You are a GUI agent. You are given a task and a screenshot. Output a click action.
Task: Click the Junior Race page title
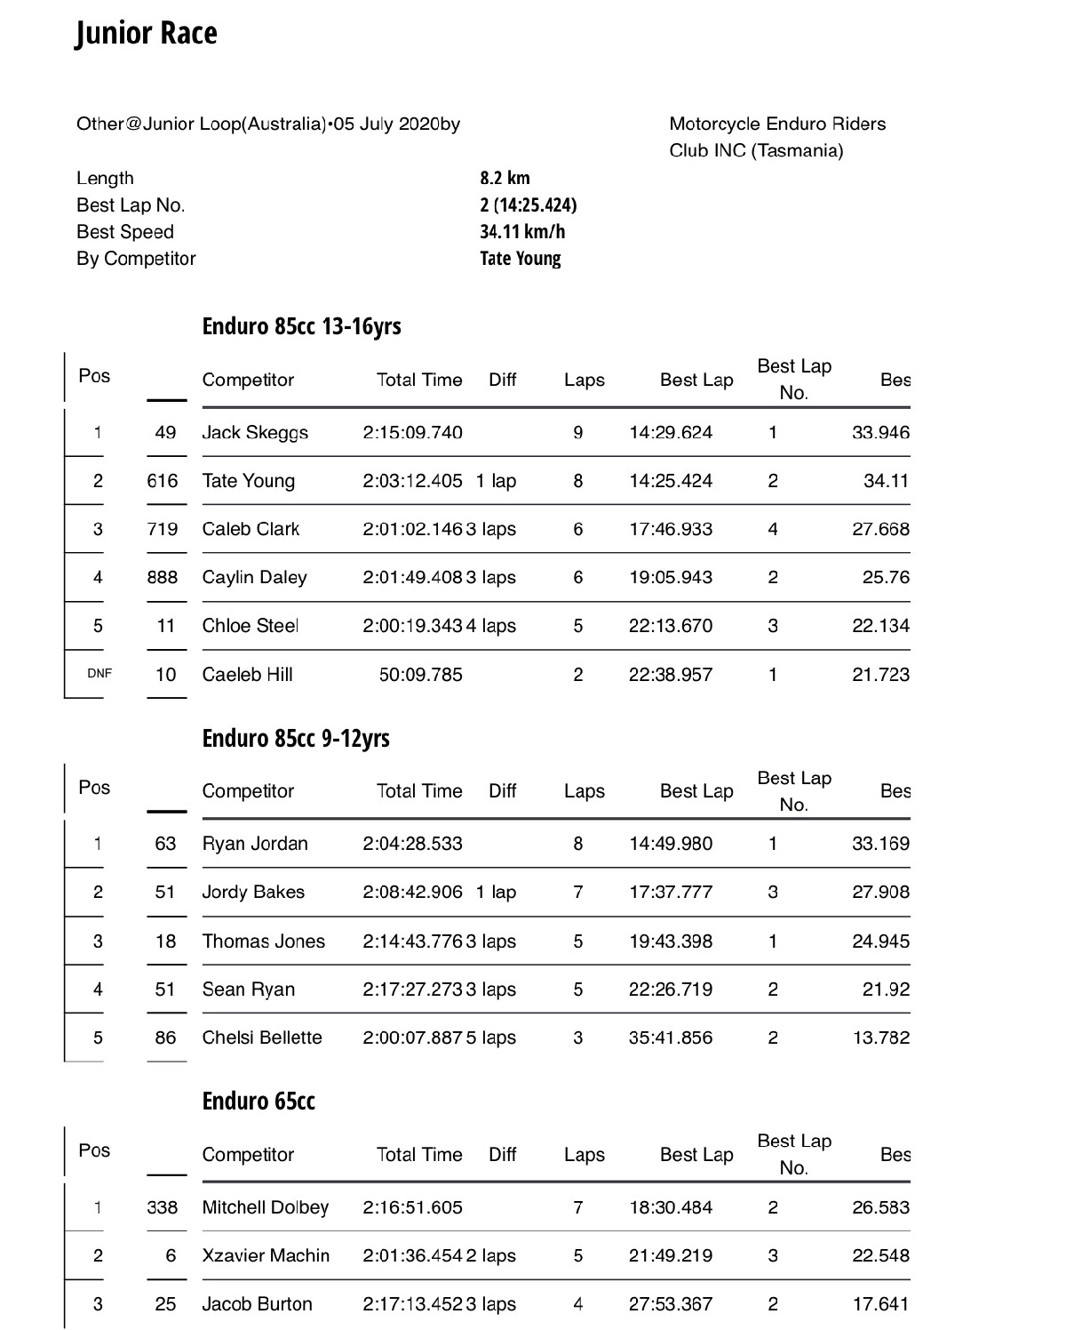click(x=147, y=34)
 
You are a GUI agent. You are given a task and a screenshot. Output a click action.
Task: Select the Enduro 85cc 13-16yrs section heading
click(x=301, y=326)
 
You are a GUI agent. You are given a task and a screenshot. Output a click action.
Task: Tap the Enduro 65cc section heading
click(x=259, y=1102)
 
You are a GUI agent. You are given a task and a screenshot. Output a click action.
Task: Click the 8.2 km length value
click(x=505, y=178)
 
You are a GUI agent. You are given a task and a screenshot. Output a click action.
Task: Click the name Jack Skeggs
click(x=255, y=433)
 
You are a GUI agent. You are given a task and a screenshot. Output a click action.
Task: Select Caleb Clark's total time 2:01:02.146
click(x=412, y=530)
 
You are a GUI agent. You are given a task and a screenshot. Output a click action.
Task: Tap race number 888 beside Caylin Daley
click(x=163, y=578)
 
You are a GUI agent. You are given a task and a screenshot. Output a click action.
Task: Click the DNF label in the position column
click(x=99, y=674)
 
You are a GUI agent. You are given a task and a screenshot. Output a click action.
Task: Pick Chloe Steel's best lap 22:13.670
click(x=671, y=626)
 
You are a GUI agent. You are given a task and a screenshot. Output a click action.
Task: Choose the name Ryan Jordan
click(x=255, y=844)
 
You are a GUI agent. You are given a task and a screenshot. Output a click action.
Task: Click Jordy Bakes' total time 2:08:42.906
click(x=412, y=893)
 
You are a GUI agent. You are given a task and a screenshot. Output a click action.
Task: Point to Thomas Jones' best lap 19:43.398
click(x=671, y=941)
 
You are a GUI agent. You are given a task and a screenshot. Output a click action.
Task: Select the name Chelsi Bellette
click(x=262, y=1038)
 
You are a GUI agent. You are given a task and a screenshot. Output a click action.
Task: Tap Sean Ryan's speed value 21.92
click(x=886, y=989)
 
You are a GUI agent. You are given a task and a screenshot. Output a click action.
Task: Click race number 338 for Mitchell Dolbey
click(x=163, y=1208)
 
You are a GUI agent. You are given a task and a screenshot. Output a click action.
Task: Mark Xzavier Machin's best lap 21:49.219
click(x=671, y=1256)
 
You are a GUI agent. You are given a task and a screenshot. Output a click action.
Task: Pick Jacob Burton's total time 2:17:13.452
click(x=412, y=1304)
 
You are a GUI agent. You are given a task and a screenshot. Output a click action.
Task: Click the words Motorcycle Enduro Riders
click(x=777, y=124)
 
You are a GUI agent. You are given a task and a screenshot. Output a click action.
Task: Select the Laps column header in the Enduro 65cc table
click(x=584, y=1155)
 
